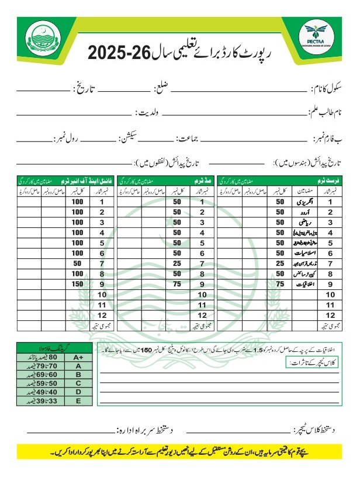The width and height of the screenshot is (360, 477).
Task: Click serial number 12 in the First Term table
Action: click(x=329, y=314)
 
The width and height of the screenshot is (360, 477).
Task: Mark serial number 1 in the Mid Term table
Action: click(x=202, y=202)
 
